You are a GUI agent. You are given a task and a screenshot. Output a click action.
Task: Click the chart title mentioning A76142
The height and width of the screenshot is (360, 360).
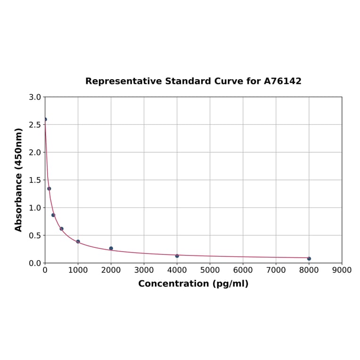pos(193,81)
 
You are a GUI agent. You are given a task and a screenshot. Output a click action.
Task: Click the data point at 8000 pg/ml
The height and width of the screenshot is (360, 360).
pos(309,258)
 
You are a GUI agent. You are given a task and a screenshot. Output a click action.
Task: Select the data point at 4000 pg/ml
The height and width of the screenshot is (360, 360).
pos(177,256)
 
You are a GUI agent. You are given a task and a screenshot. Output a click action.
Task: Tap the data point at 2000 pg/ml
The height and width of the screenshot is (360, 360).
pos(111,248)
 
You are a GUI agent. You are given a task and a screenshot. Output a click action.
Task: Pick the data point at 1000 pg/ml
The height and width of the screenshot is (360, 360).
pos(78,242)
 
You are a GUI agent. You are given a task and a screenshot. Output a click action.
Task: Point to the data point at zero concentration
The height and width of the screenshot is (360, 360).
pos(45,119)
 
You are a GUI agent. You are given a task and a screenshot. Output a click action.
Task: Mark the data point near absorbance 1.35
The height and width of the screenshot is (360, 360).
pos(49,188)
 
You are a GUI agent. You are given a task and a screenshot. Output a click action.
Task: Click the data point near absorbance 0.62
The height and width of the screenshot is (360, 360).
pos(61,229)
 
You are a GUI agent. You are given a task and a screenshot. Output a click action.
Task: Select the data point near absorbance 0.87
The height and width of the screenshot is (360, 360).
pos(53,215)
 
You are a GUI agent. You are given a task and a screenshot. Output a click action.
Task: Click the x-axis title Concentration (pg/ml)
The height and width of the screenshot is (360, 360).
pos(193,284)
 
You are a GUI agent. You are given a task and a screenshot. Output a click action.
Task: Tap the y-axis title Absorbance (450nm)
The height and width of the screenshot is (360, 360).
pos(19,180)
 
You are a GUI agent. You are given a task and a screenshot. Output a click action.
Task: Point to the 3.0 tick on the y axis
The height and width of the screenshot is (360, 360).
pos(35,97)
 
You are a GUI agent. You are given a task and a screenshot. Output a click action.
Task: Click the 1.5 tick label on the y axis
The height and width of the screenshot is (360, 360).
pos(35,180)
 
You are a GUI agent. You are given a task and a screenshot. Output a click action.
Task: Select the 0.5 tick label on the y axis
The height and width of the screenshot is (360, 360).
pos(35,235)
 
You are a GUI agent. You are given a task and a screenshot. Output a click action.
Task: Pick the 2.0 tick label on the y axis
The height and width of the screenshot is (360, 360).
pos(35,152)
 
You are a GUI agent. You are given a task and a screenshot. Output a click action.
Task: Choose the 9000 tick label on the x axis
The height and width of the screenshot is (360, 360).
pos(342,270)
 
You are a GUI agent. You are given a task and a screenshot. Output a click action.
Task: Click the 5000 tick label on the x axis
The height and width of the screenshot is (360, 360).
pos(210,270)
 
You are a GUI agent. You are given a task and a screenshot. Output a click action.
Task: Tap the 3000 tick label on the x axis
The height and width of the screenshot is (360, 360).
pos(144,270)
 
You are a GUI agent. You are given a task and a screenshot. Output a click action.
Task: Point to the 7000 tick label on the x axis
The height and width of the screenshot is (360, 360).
pos(276,270)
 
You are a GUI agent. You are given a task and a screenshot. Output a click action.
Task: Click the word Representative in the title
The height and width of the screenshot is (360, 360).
pos(123,81)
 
